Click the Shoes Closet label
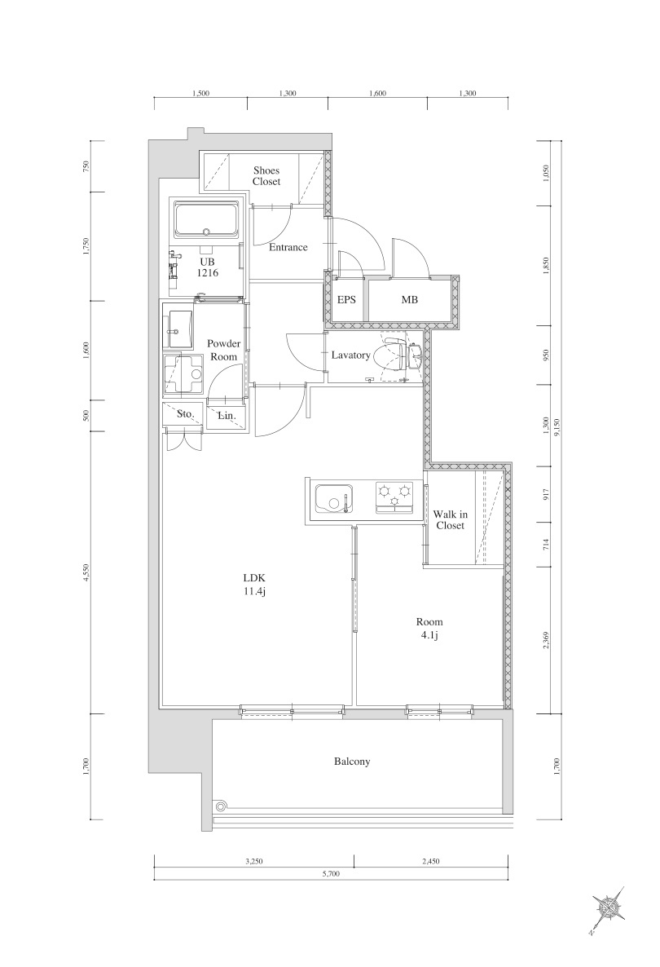coord(266,176)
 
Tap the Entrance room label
coord(288,247)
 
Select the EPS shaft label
coord(346,300)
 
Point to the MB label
coord(409,300)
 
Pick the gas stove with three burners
coord(394,497)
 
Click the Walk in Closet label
coord(449,520)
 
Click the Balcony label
coord(352,762)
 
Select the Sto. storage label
coord(184,414)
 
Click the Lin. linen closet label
coord(227,416)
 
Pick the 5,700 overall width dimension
coord(331,873)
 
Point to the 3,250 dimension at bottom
coord(253,861)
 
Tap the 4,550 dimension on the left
coord(85,574)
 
